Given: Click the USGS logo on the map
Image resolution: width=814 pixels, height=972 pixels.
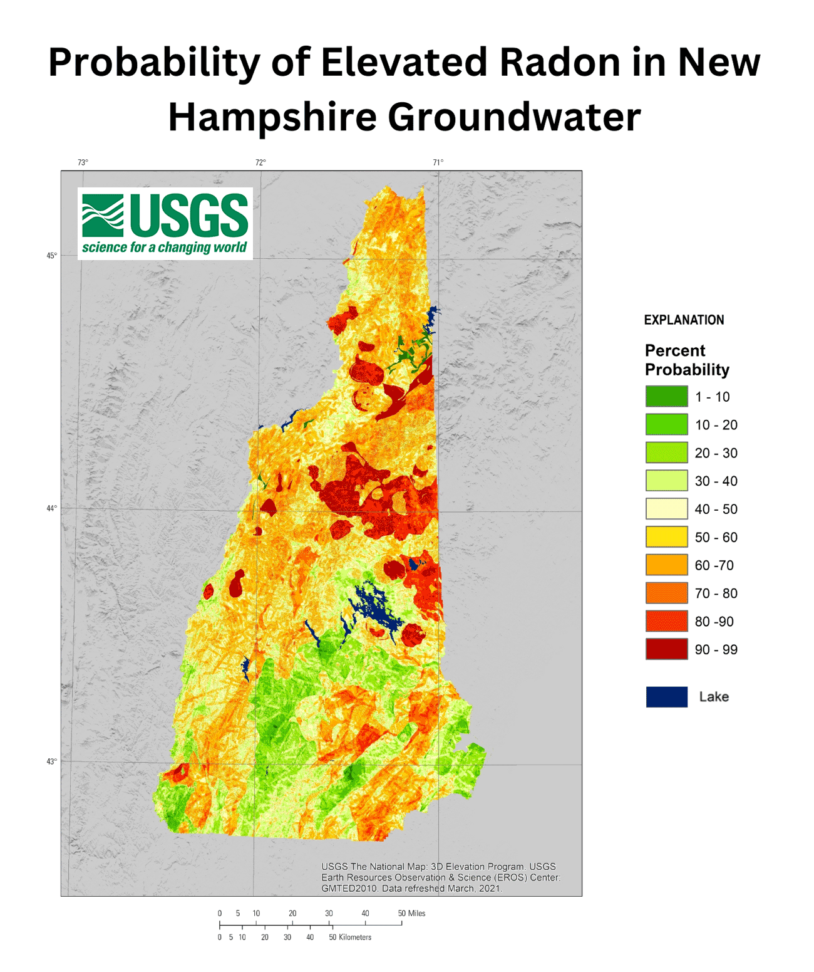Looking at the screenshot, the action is point(165,223).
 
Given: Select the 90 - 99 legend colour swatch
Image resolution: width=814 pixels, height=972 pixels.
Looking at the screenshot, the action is point(666,649).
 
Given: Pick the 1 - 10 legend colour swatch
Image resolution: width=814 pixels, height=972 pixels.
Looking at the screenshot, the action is point(666,397).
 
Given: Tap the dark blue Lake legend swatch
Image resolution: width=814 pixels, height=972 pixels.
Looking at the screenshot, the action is point(666,697).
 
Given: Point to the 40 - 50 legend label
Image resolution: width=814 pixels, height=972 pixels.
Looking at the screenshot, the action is point(716,509).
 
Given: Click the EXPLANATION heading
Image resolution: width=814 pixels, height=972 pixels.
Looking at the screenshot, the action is point(684,320).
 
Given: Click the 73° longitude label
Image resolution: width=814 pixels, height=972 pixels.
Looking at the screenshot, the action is point(83,163).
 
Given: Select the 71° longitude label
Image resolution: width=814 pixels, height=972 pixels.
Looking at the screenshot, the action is point(438,163).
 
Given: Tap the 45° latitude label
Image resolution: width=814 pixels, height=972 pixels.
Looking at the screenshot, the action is point(51,256).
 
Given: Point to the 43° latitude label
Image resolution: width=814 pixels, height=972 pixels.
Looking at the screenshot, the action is point(51,761).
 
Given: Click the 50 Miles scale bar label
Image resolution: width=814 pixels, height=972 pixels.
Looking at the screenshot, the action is point(411,913).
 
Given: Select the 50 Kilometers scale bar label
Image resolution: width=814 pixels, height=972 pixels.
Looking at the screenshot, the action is point(350,938).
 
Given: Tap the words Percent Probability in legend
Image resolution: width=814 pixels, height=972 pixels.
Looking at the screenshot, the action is point(686,360).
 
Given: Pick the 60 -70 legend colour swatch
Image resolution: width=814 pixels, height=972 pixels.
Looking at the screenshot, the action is point(666,565).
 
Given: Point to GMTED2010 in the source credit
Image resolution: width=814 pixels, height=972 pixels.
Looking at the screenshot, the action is point(349,888).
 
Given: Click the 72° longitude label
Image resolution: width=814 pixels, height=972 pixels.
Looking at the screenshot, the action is point(260,163).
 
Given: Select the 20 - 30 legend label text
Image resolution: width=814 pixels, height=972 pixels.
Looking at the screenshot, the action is point(716,453).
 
